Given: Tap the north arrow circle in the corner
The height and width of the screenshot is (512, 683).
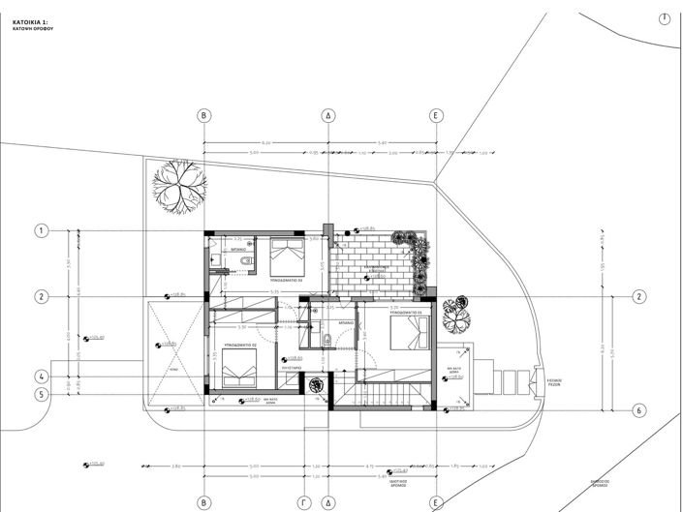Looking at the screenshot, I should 665,18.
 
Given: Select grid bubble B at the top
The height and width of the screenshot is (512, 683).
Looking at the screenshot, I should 204,115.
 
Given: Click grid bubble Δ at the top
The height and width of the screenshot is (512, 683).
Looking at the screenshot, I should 328,115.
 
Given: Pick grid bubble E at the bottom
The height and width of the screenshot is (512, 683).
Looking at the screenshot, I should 436,502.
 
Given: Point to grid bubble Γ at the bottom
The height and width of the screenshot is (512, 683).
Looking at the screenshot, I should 303,502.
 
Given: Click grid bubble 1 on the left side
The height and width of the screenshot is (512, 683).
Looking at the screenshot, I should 41,230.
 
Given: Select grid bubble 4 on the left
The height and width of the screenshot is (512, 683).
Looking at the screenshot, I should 41,376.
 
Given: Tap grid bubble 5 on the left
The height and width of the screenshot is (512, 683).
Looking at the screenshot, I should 41,394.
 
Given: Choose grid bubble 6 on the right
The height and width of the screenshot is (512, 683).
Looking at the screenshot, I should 638,409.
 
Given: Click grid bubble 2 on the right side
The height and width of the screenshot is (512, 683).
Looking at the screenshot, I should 638,296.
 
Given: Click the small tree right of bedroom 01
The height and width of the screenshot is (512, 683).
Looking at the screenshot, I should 454,311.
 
